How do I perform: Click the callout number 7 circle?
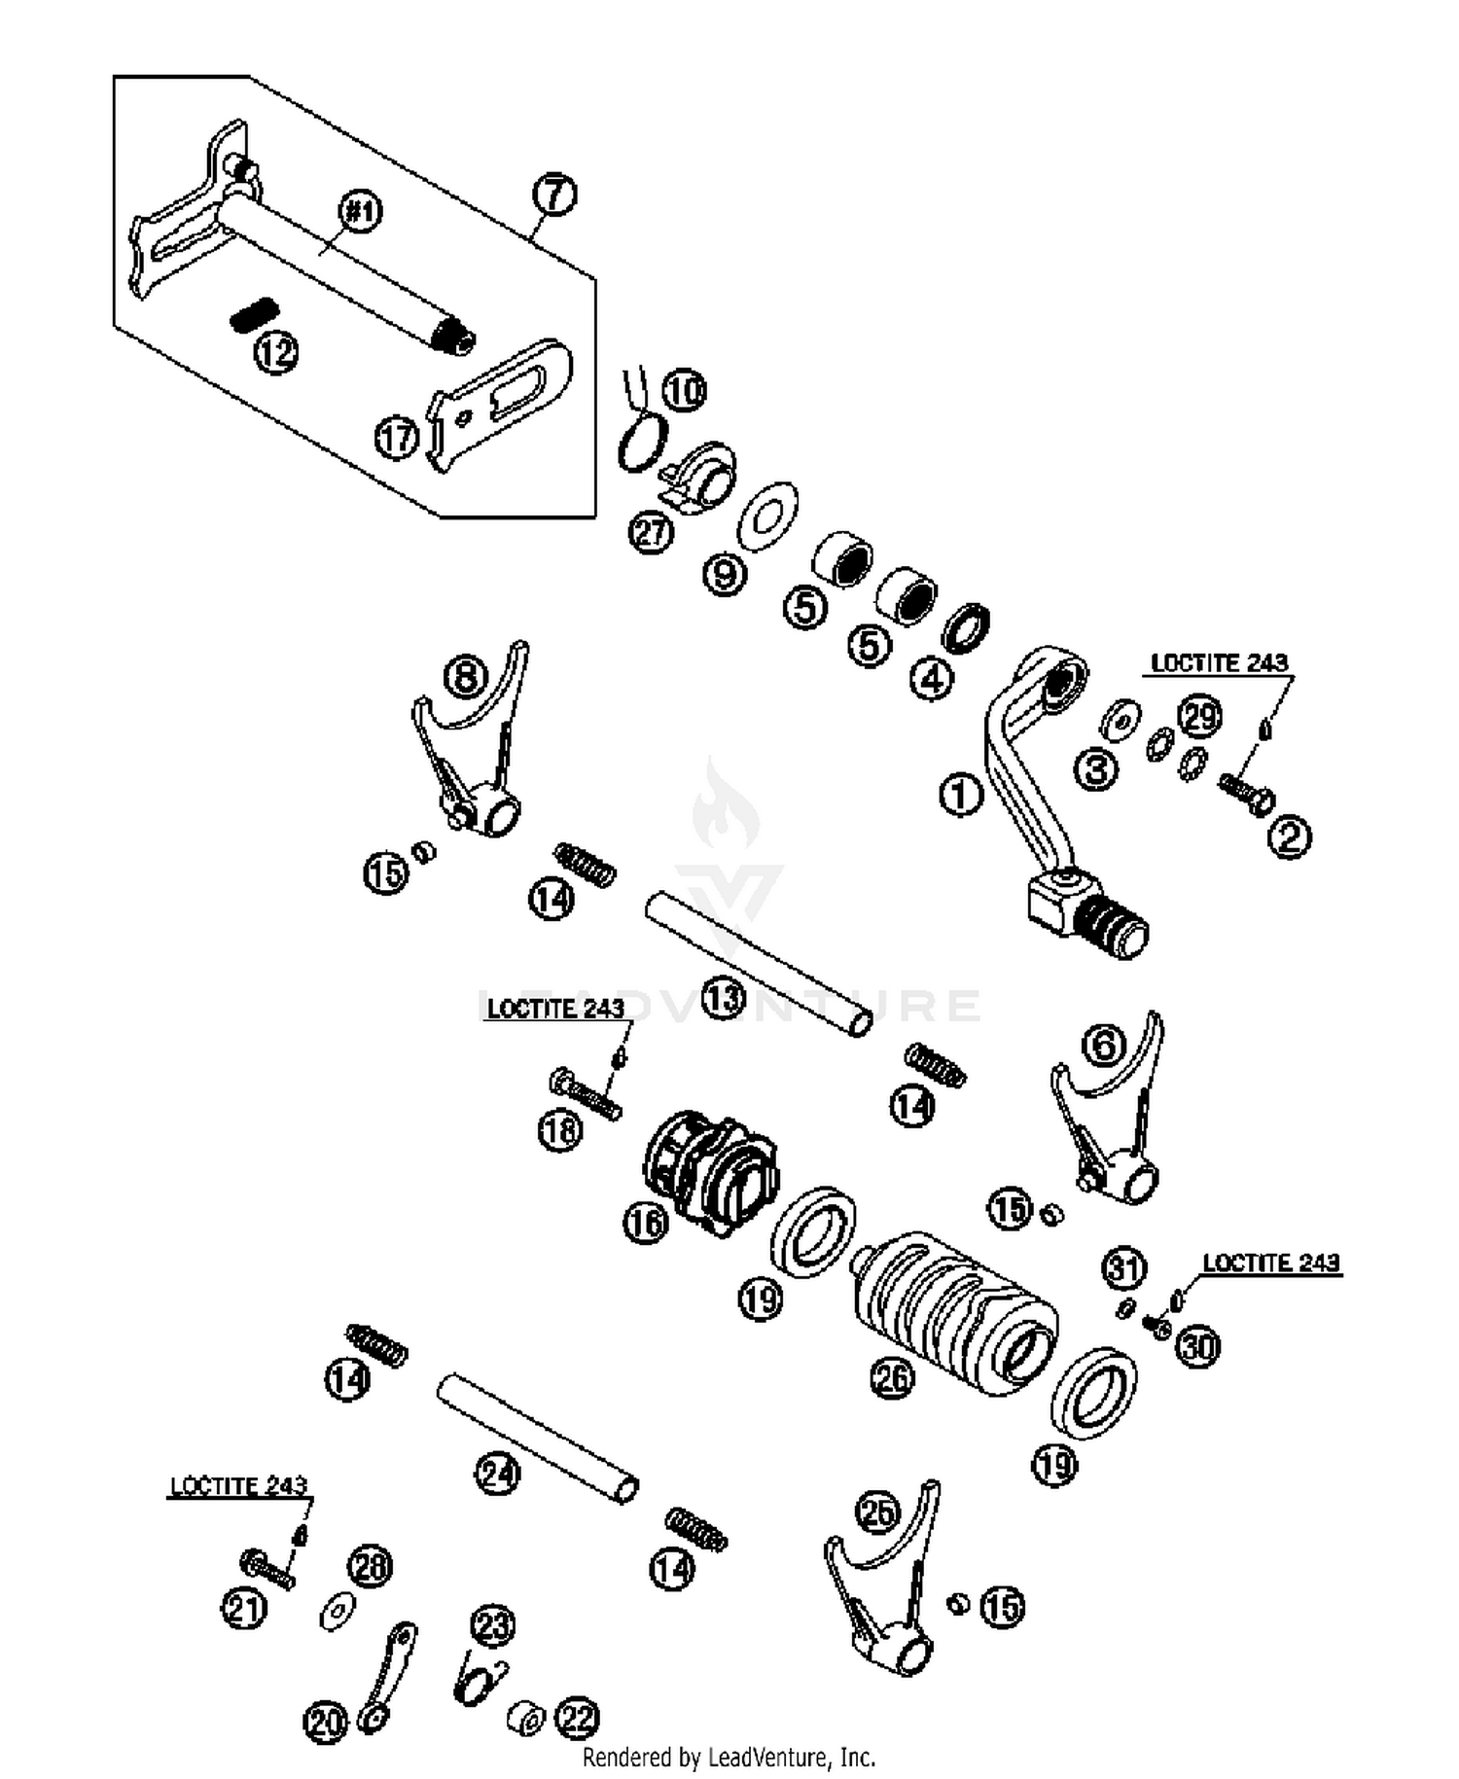554,196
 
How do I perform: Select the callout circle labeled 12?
276,352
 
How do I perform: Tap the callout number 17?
397,438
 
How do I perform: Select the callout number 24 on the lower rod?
497,1475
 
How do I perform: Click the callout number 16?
646,1223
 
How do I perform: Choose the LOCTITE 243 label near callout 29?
1219,663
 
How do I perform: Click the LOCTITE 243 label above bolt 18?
555,1009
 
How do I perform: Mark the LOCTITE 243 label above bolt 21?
238,1486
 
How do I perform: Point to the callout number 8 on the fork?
466,676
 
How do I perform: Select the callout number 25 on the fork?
877,1512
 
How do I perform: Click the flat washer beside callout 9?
768,514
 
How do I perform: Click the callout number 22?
577,1719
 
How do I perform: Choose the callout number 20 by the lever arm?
325,1722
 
